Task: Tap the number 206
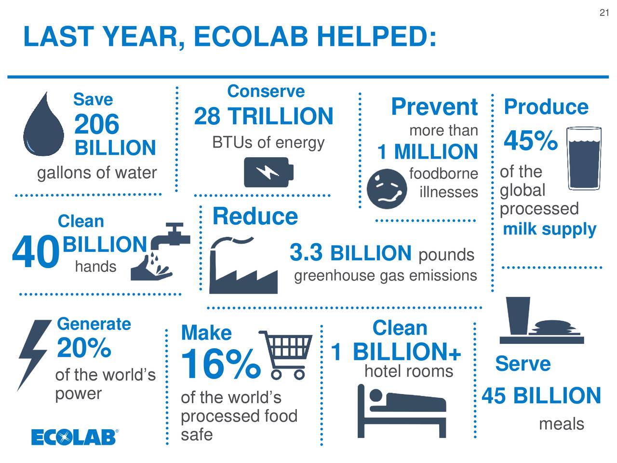(96, 124)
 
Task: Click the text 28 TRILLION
(263, 116)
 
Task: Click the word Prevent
(434, 107)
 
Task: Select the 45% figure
(531, 141)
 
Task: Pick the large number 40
(35, 254)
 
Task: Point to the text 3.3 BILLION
(350, 253)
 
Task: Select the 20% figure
(84, 347)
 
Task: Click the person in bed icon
(402, 410)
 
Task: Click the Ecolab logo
(75, 436)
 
